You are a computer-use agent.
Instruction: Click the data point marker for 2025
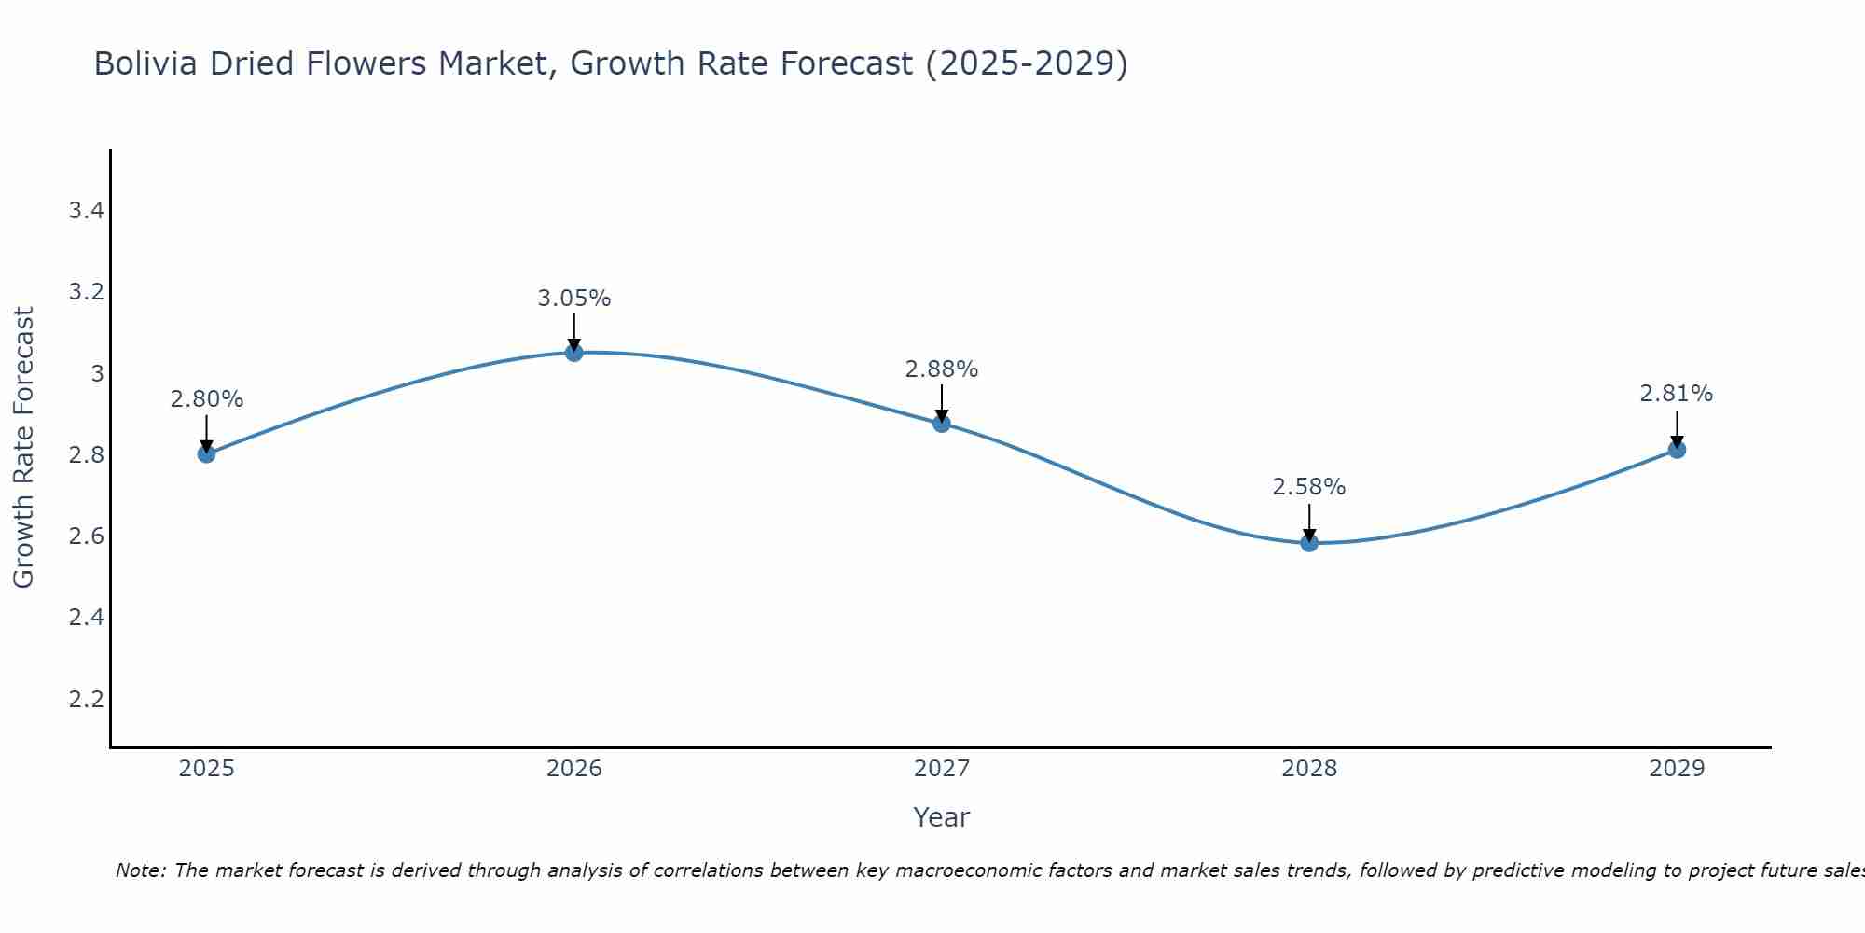(207, 454)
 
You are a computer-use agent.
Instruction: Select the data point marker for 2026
(574, 353)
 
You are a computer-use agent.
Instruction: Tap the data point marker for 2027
(942, 424)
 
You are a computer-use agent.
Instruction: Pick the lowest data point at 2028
(1309, 543)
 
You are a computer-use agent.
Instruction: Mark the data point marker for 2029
(1677, 450)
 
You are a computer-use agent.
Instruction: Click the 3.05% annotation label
(574, 299)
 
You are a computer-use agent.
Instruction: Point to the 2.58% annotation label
(1309, 487)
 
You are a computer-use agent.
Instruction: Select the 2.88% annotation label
(942, 369)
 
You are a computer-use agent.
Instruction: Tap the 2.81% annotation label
(1677, 394)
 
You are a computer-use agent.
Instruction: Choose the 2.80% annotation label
(207, 399)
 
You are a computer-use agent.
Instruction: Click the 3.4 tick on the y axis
(86, 211)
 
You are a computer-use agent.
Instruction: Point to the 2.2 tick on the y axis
(86, 700)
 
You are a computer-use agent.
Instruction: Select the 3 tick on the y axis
(96, 374)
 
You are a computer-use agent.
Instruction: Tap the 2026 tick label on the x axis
(574, 769)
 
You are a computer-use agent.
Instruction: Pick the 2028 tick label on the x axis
(1309, 769)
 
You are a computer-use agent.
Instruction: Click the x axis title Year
(942, 817)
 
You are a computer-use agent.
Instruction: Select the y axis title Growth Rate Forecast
(24, 448)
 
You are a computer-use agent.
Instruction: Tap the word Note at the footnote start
(139, 870)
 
